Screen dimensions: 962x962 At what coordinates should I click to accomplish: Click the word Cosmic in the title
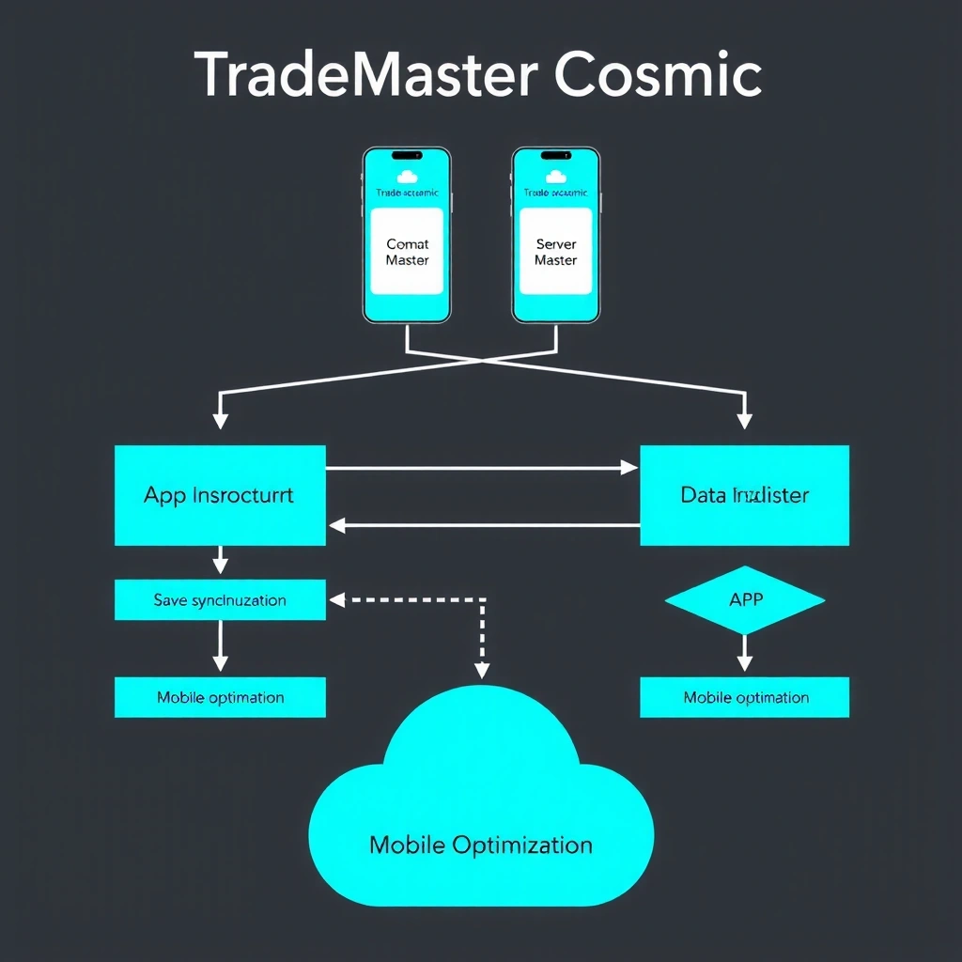(658, 75)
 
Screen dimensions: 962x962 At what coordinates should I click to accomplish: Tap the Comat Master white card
(407, 252)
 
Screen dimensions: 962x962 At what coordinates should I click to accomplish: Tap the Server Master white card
(555, 252)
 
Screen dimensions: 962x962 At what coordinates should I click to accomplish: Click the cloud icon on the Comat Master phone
(407, 176)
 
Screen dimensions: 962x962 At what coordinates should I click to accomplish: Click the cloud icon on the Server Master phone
(555, 176)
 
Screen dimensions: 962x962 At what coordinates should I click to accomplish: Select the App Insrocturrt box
(220, 495)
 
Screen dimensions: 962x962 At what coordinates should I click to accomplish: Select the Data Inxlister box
(744, 495)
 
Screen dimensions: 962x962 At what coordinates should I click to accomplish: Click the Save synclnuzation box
(220, 600)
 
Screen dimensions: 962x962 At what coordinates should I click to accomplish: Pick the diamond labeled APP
(744, 599)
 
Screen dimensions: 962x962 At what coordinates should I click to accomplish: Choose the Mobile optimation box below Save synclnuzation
(220, 697)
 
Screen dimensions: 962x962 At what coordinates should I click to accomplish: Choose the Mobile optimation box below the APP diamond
(744, 697)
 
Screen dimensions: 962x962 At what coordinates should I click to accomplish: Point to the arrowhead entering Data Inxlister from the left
(630, 468)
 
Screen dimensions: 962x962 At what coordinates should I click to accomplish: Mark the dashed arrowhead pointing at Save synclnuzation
(336, 598)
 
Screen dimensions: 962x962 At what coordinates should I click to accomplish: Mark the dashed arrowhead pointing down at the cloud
(482, 670)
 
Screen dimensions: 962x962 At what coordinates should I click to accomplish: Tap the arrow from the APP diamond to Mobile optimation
(744, 654)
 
